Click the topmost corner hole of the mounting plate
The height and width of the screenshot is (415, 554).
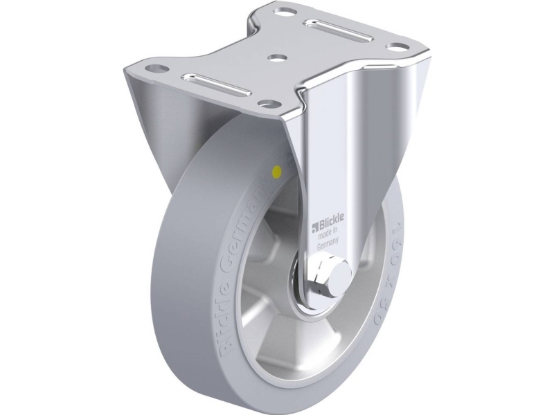(x=284, y=10)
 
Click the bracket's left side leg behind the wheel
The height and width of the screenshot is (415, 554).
(x=142, y=124)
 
